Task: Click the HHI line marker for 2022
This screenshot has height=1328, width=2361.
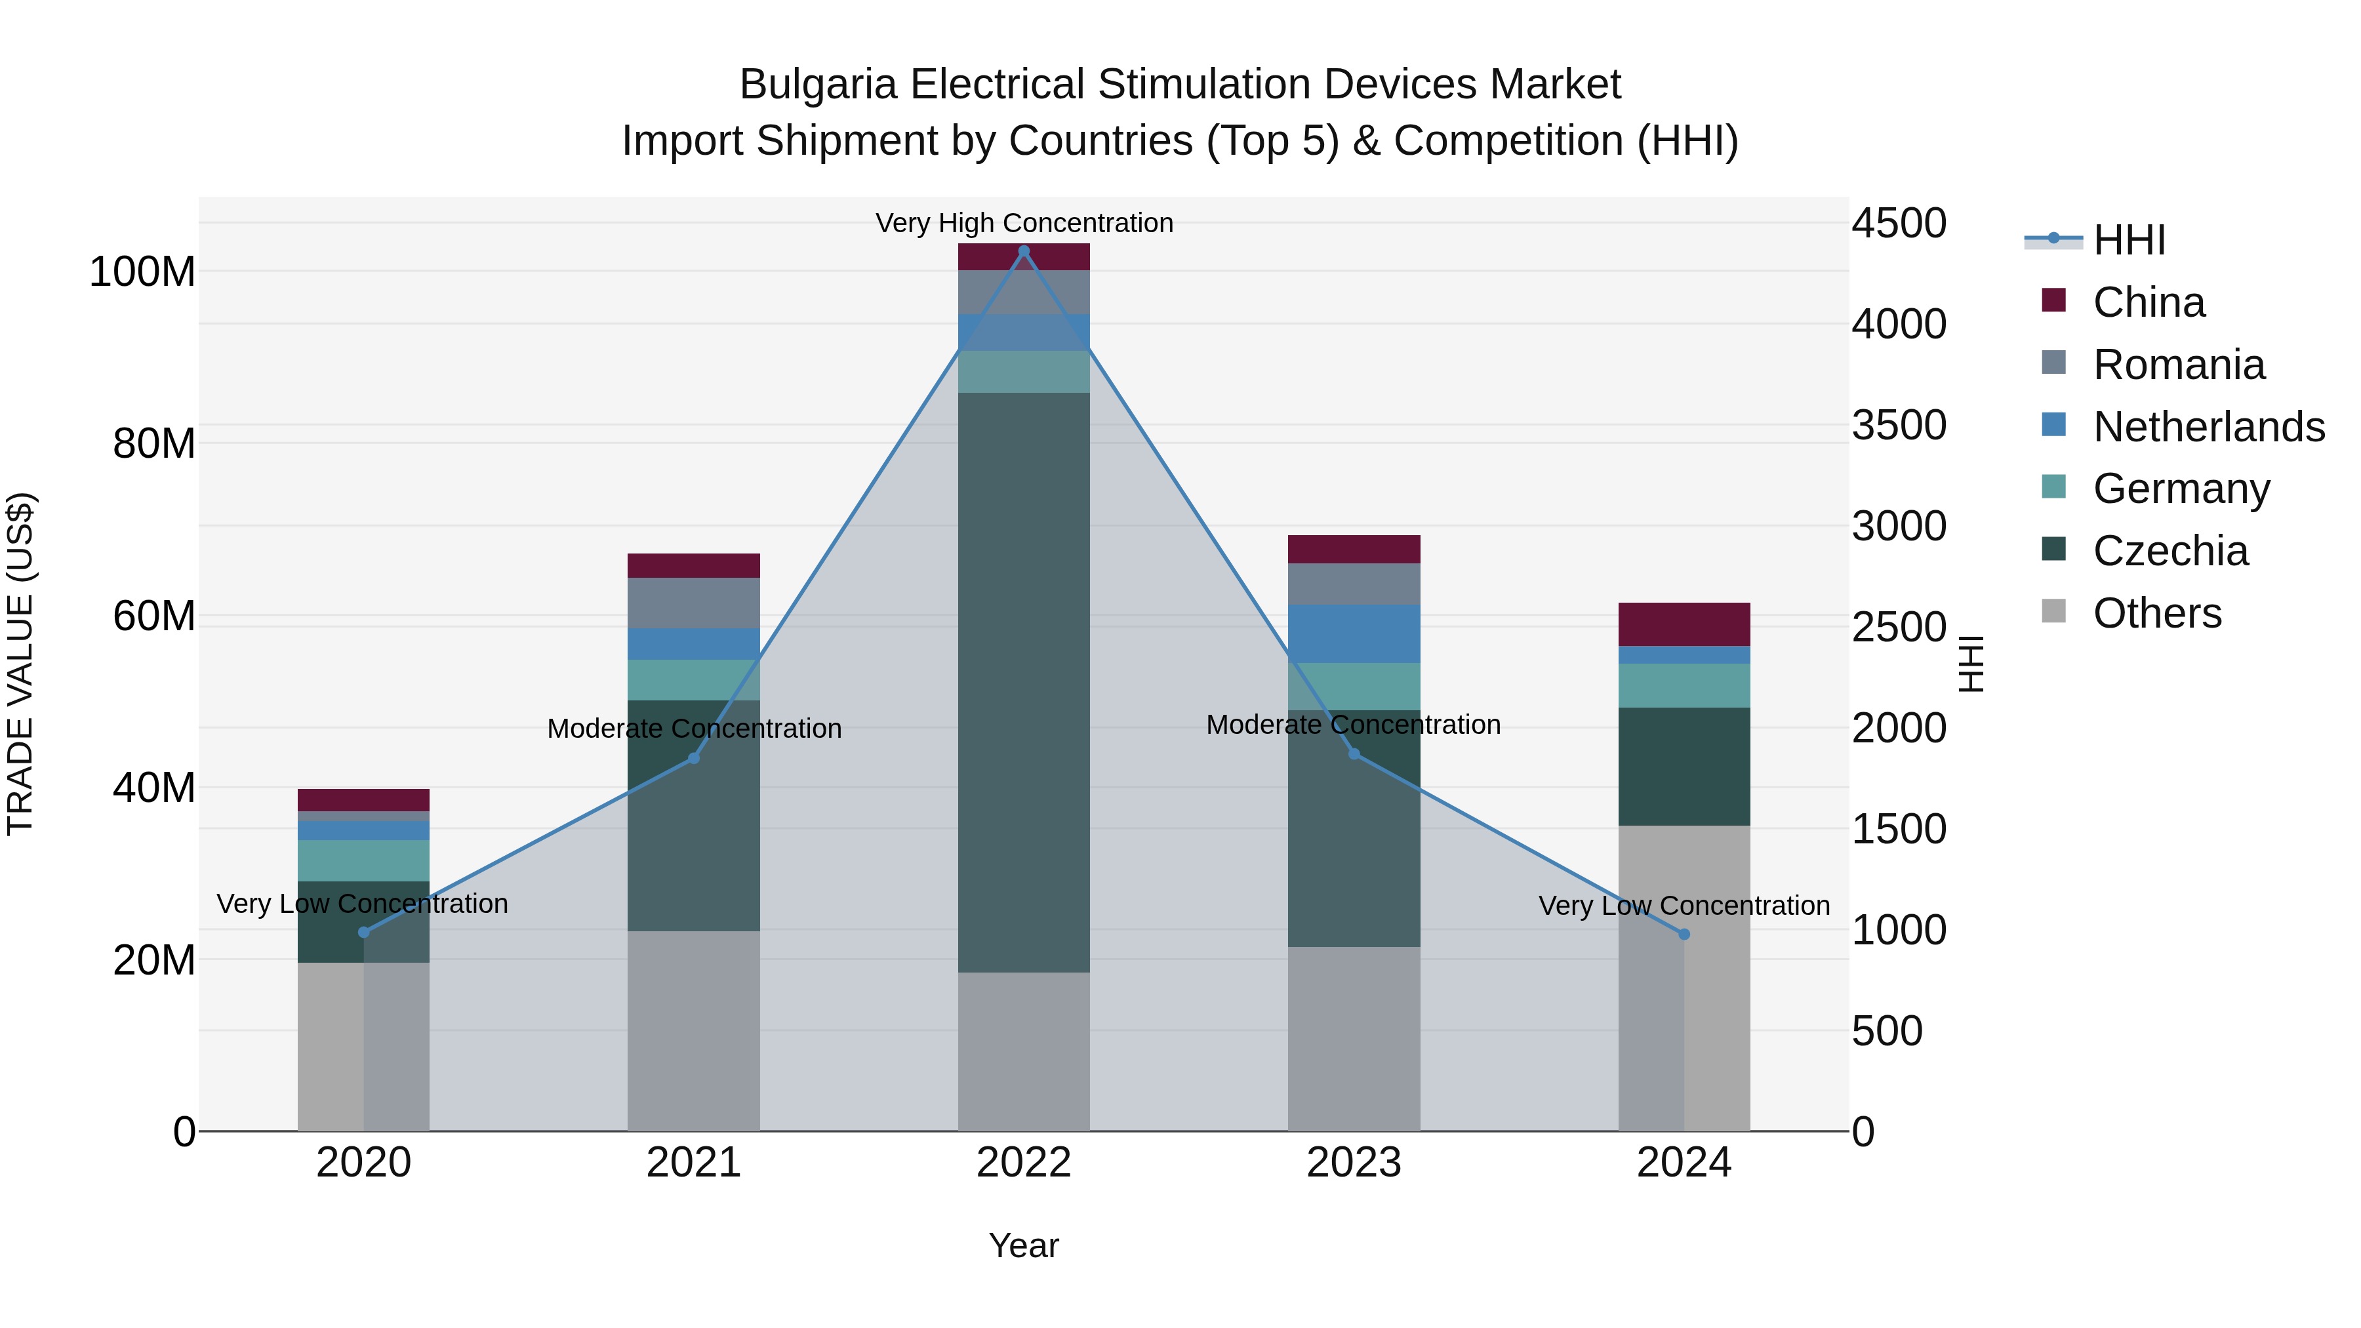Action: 1024,251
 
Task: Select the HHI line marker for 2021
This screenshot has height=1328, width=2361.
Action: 694,758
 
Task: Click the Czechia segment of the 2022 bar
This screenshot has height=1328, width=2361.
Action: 1024,683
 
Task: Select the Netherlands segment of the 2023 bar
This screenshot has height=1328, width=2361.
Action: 1354,634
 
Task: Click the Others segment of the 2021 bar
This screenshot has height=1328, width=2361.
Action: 694,1031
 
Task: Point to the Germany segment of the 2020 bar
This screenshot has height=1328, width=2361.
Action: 364,860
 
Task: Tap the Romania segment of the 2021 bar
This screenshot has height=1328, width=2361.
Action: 694,603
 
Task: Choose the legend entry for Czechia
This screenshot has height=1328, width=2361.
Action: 2170,551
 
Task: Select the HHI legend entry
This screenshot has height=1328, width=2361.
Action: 2129,240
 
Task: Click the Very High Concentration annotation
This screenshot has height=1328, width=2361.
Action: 1024,223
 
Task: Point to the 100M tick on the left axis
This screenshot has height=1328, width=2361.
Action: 142,272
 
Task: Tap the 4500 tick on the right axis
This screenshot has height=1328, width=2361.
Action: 1899,224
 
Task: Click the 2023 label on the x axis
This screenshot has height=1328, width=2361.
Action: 1354,1163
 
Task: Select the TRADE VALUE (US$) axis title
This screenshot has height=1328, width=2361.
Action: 20,664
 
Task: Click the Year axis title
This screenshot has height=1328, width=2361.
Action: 1024,1245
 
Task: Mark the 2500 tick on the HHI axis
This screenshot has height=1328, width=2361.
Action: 1899,628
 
